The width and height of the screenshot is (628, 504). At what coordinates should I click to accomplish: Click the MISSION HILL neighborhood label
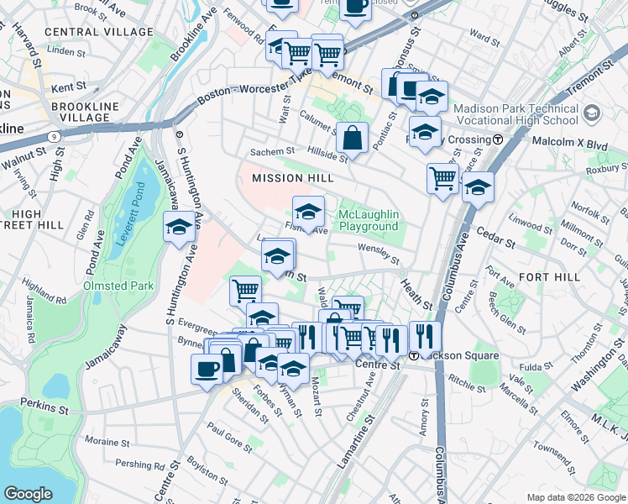point(293,178)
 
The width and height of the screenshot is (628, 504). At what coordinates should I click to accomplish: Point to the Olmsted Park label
point(118,286)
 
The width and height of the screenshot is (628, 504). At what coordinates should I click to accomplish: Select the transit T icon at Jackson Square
point(414,356)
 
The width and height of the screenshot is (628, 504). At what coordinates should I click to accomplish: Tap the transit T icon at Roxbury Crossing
point(498,139)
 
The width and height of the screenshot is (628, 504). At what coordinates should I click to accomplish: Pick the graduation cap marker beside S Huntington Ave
point(179,228)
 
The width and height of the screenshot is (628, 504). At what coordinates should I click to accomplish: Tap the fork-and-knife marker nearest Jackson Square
point(425,337)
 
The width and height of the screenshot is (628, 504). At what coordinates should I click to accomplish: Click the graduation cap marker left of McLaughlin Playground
point(308,212)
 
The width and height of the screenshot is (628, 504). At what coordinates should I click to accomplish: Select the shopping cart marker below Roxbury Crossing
point(442,177)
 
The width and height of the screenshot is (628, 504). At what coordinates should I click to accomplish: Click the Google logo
point(28,494)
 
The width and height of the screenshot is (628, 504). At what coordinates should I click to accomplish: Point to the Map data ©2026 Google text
point(576,497)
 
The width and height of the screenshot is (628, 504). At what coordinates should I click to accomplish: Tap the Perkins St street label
point(45,408)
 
